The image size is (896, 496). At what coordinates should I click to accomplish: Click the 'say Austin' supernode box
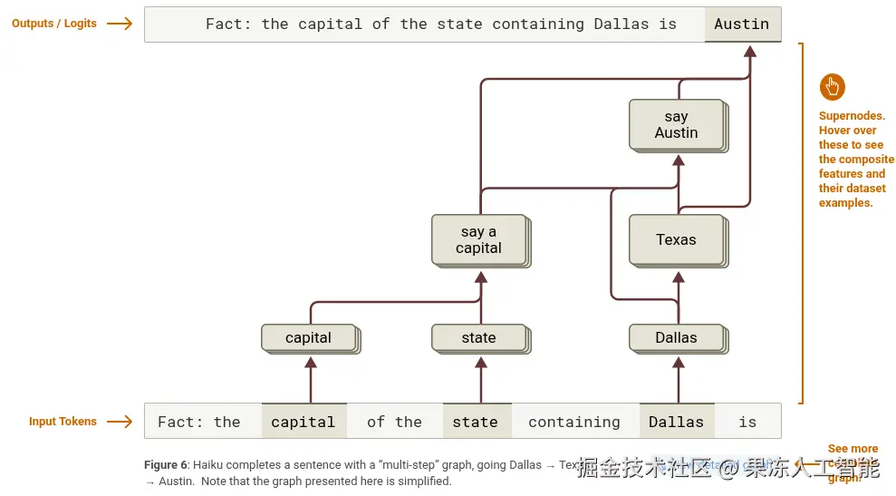tap(677, 124)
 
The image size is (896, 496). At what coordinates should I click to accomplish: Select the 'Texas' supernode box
tap(677, 239)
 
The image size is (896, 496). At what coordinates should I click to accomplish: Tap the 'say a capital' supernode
tap(478, 239)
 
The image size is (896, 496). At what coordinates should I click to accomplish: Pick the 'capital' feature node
tap(309, 337)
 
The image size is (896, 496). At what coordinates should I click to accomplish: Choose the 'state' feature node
tap(478, 337)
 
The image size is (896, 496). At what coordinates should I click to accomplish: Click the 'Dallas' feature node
tap(677, 337)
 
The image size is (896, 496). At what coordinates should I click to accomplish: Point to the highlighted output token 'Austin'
tap(742, 24)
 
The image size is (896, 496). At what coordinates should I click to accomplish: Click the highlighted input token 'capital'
tap(303, 422)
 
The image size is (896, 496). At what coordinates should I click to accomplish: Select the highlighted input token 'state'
tap(476, 422)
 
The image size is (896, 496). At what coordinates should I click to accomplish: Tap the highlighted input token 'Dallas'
tap(676, 422)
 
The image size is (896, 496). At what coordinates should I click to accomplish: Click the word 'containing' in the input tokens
tap(574, 422)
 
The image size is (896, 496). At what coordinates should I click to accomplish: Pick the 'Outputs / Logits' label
tap(54, 24)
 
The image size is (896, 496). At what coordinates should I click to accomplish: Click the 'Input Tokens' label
tap(63, 422)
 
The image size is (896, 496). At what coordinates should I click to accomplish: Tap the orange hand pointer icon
tap(833, 87)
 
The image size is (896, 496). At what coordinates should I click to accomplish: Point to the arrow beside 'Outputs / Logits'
tap(120, 24)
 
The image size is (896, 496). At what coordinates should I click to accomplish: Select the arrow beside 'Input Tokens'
tap(120, 422)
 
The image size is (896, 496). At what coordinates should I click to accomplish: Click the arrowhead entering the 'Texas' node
tap(677, 276)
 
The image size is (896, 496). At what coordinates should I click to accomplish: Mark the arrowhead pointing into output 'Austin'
tap(749, 51)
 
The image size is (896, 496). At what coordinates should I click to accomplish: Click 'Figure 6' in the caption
tap(166, 465)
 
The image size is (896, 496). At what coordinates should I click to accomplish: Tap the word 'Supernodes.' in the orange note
tap(852, 116)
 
